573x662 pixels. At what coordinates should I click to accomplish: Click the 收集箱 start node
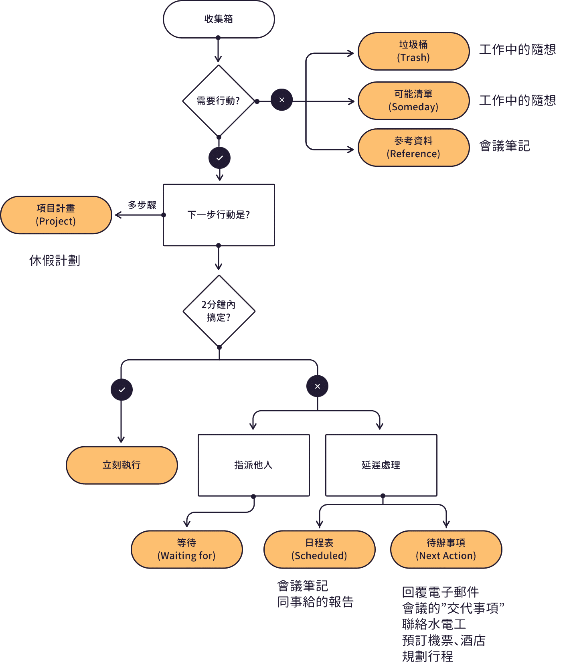point(219,19)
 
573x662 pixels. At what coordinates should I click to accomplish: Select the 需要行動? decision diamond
point(219,101)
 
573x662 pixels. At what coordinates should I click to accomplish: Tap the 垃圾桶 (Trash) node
point(413,51)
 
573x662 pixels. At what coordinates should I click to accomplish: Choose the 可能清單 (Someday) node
point(413,101)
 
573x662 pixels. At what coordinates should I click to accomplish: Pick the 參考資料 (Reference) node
point(413,148)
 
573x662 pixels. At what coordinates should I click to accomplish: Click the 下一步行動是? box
point(219,215)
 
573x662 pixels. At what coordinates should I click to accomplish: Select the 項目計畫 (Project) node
point(56,215)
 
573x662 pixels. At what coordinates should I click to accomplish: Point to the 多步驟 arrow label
point(142,205)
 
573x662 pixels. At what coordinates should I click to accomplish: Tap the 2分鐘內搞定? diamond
point(219,311)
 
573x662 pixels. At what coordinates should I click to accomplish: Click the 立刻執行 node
point(122,465)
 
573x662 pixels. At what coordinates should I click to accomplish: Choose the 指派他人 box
point(253,465)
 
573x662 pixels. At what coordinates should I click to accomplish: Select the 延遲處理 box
point(381,465)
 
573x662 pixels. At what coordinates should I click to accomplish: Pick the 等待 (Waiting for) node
point(187,549)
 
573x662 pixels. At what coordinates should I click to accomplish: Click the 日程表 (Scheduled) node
point(320,549)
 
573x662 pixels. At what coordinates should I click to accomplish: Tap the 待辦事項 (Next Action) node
point(446,549)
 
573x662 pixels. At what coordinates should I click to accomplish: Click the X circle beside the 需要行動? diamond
point(282,100)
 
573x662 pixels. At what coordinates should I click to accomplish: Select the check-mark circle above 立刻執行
point(122,390)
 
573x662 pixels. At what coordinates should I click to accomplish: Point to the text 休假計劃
point(55,261)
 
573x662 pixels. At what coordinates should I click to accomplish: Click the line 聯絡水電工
point(434,624)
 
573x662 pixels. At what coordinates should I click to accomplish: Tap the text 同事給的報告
point(316,602)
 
